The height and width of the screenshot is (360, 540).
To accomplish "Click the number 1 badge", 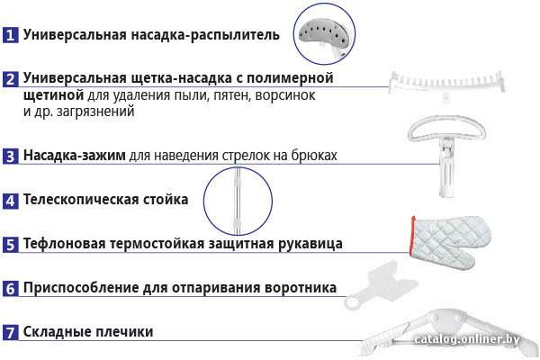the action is point(10,35).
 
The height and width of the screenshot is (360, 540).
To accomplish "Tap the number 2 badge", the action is point(10,79).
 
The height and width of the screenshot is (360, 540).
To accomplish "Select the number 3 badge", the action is point(10,156).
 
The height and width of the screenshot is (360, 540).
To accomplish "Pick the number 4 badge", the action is point(10,201).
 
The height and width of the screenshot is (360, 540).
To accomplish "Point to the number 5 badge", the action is point(10,244).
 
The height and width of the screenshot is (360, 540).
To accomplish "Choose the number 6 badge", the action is point(10,288).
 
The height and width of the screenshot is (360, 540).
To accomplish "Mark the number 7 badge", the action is point(10,332).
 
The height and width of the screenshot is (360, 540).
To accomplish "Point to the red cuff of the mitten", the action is point(412,236).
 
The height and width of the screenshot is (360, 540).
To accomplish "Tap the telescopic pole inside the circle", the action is point(238,202).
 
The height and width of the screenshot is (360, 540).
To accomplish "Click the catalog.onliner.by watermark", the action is point(467,339).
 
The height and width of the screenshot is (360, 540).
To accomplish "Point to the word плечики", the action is point(124,332).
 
